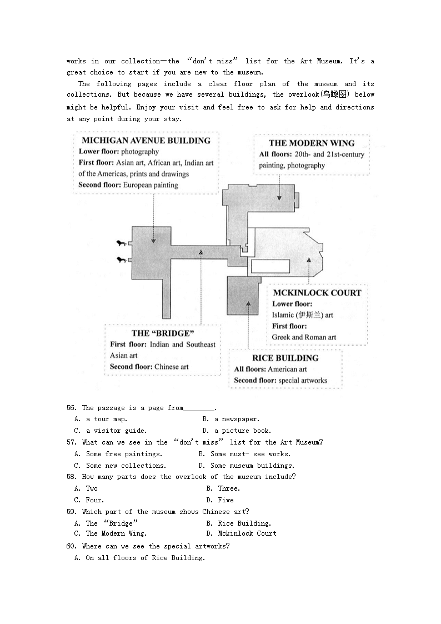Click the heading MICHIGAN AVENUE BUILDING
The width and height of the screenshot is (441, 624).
tap(146, 141)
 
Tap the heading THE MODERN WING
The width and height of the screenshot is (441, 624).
tap(312, 143)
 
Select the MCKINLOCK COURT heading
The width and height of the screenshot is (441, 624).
tap(317, 293)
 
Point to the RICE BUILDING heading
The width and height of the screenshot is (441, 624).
tap(285, 358)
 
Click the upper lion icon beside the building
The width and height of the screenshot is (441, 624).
tap(121, 243)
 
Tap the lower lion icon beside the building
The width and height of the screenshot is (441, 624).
tap(121, 259)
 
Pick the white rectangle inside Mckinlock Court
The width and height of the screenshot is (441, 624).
tap(270, 266)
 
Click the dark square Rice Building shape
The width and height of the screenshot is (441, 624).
tap(243, 295)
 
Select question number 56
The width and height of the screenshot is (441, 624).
tap(71, 408)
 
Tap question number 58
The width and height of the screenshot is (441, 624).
tap(71, 477)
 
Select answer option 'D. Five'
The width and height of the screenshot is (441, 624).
tap(220, 500)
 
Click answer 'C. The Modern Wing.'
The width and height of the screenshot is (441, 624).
tap(111, 533)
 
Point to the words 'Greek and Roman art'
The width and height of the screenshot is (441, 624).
tap(304, 337)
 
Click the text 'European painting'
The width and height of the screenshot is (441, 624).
tap(151, 185)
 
